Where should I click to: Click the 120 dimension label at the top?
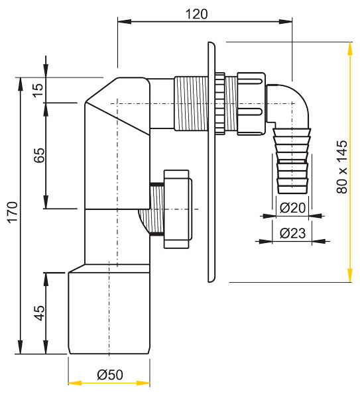click(196, 14)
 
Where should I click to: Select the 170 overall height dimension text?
click(13, 213)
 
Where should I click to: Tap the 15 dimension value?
click(38, 90)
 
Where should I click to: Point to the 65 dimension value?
click(39, 156)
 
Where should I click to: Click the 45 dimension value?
click(39, 313)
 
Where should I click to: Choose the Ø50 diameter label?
click(110, 375)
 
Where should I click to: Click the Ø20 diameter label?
click(292, 208)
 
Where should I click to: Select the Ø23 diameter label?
click(292, 233)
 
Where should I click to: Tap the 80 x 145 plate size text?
click(341, 167)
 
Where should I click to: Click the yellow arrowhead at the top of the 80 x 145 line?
click(350, 48)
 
